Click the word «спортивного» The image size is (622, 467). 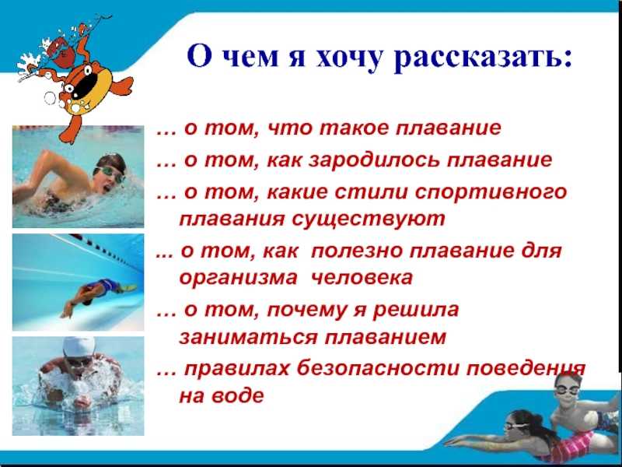coord(491,193)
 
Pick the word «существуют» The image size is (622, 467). coord(369,219)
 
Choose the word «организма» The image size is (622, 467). coord(238,278)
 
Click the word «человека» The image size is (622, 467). coord(362,277)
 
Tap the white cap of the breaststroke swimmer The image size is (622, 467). coord(79,347)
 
